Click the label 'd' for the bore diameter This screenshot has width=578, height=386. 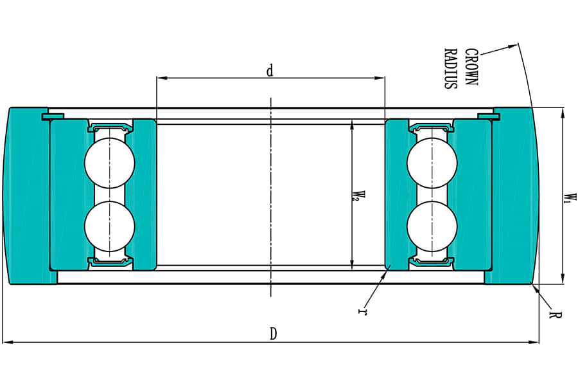coord(270,71)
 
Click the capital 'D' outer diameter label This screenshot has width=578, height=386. coord(273,334)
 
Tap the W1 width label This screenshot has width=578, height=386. coord(568,196)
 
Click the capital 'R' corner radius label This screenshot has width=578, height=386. coord(554,315)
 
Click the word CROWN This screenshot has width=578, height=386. coord(471,68)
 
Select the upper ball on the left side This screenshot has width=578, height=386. coord(110,163)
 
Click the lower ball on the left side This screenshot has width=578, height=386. coord(110,225)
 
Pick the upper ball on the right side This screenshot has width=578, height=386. coord(432,163)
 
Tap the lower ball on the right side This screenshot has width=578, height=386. coord(432,225)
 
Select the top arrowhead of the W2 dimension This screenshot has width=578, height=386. coord(351,124)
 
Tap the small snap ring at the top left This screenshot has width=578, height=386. coord(52,116)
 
